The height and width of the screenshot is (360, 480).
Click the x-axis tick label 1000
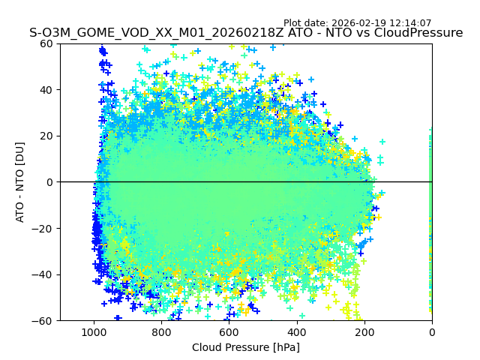pos(94,332)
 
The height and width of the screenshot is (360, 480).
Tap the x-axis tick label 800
pos(161,332)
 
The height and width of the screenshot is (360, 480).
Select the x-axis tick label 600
pos(229,332)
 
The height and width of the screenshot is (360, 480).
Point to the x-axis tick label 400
pos(296,332)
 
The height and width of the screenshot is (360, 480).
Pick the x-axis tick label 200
pos(364,332)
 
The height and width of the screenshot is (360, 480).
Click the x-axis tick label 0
pos(431,332)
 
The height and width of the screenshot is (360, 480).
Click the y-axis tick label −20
pos(44,229)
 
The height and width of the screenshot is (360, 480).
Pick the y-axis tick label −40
pos(44,274)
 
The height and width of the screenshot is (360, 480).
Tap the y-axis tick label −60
pos(44,321)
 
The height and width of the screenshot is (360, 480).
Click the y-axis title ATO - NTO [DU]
pos(20,182)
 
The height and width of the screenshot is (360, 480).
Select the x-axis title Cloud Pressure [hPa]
pos(245,347)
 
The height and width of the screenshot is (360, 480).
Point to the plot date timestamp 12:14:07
pos(410,23)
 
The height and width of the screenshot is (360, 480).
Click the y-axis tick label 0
pos(50,182)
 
